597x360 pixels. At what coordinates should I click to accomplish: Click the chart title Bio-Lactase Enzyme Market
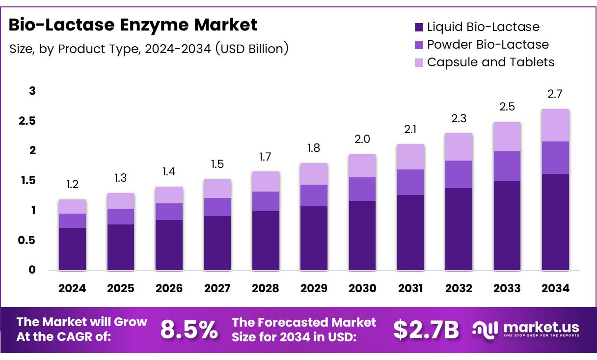[x=133, y=25]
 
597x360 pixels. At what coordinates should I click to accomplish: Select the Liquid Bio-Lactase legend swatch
[x=419, y=27]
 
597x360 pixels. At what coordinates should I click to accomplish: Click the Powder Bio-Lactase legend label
[x=488, y=45]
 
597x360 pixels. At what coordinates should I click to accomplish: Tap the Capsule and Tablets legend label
[x=490, y=62]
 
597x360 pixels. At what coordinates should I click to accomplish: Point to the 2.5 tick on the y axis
[x=27, y=121]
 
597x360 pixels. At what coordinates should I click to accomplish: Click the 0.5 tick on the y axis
[x=27, y=241]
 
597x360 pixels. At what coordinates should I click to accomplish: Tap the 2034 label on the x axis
[x=555, y=289]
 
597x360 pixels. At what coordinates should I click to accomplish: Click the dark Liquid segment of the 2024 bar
[x=72, y=249]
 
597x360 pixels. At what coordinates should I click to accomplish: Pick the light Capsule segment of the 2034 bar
[x=555, y=125]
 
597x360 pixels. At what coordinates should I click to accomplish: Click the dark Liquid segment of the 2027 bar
[x=217, y=243]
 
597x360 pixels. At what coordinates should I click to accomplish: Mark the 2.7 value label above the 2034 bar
[x=555, y=94]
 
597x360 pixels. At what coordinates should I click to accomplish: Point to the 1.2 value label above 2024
[x=72, y=185]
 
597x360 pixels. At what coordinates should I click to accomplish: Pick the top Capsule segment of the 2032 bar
[x=458, y=147]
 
